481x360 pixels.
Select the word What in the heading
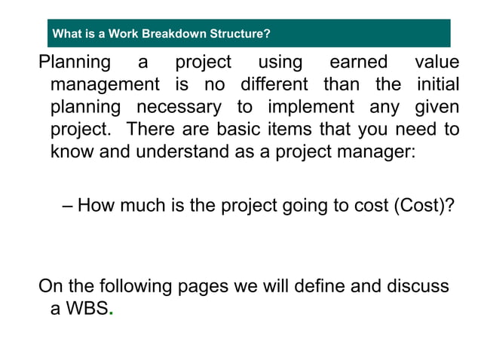point(66,34)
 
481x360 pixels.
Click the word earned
point(358,62)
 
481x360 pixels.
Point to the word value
point(437,62)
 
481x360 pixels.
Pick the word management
point(105,84)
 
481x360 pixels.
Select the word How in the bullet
point(93,204)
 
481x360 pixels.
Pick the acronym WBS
point(87,309)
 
